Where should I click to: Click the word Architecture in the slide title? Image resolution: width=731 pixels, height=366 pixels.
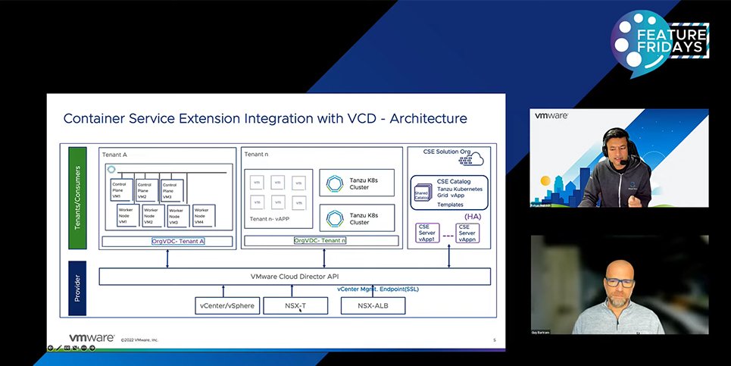click(425, 118)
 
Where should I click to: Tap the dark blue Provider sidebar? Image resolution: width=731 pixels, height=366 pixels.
click(73, 288)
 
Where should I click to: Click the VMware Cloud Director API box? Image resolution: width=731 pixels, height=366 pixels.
click(295, 277)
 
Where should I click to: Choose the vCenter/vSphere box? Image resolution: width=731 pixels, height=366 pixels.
click(227, 305)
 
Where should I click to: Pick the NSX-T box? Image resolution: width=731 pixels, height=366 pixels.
click(295, 305)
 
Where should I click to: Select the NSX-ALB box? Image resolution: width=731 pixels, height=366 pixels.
click(373, 305)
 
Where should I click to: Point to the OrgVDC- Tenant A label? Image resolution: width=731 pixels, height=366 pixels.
click(178, 241)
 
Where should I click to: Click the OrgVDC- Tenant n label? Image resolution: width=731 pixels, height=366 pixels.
click(320, 241)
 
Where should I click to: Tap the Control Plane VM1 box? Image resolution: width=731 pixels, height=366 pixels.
click(122, 190)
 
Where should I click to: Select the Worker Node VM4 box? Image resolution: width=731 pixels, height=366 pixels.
click(202, 216)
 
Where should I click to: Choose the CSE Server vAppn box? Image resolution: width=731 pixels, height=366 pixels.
click(467, 232)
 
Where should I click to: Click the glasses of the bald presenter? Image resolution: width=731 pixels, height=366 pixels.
click(620, 283)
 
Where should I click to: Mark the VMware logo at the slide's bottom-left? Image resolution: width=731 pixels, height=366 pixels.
click(92, 339)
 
